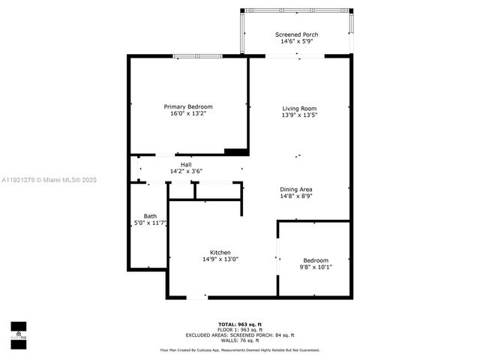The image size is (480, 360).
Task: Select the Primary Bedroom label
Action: coord(188,106)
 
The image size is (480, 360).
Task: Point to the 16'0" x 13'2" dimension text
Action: coord(188,114)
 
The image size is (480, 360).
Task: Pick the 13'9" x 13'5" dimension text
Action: coord(299,115)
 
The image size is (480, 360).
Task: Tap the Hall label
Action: coord(186,164)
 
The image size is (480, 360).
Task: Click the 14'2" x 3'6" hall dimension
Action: coord(186,172)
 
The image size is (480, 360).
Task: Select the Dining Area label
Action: coord(295,189)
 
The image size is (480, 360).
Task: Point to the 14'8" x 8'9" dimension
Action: coord(295,196)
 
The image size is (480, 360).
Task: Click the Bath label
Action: coord(140,216)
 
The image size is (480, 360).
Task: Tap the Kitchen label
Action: coord(220,252)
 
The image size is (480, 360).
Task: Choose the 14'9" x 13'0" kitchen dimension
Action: coord(220,259)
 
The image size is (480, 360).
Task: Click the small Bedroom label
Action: coord(316,260)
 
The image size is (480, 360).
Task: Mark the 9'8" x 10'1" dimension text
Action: coord(316,268)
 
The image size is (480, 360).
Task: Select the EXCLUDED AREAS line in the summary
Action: coord(240,335)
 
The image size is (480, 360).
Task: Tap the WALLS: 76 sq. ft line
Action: coord(240,340)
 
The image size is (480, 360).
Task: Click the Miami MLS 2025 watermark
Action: coord(49,180)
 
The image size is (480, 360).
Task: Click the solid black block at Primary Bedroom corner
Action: coord(236,151)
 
